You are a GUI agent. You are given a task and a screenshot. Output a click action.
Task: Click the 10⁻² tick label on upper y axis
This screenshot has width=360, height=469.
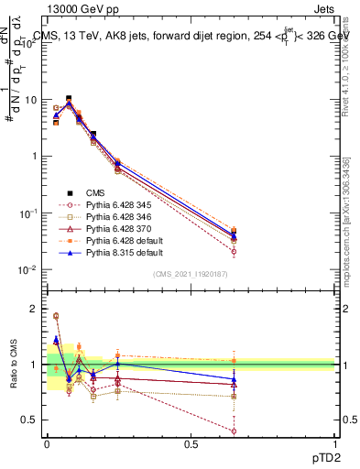[x=29, y=269]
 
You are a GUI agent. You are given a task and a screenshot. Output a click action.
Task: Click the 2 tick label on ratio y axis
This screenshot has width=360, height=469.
[x=37, y=309]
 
